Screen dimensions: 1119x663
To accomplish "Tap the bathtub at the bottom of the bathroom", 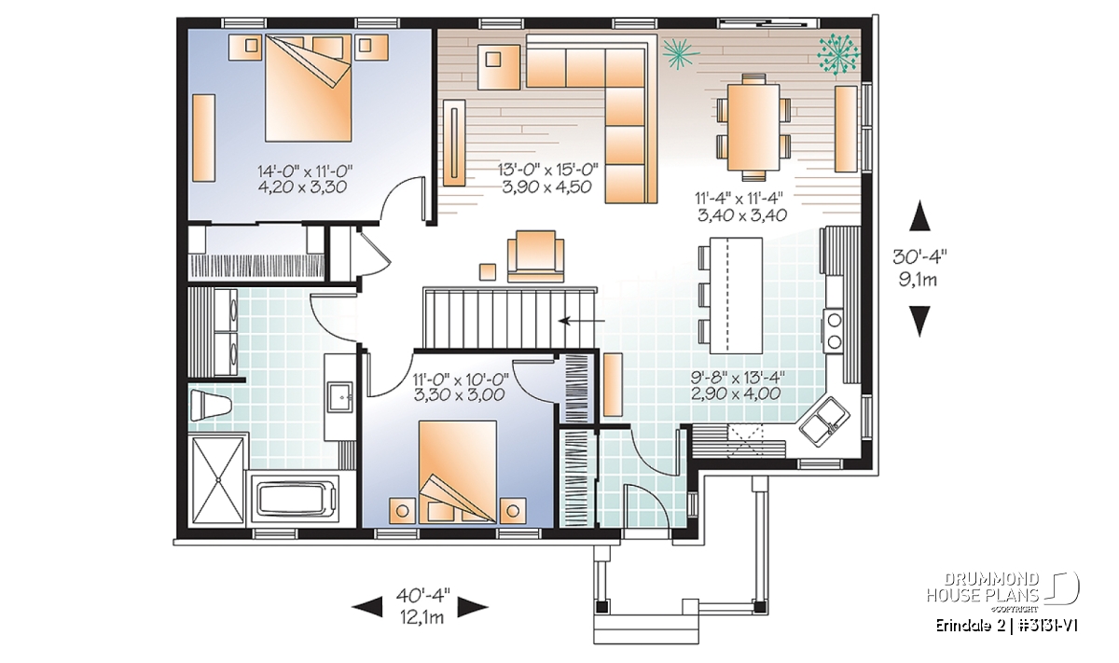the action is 295,499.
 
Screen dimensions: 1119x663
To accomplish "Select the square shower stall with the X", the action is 218,479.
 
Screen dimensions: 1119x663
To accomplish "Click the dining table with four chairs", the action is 753,128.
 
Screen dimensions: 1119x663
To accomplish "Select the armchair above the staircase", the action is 535,256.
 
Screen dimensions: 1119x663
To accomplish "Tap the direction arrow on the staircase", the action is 582,321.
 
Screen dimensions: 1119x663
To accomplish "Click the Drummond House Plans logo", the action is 1003,592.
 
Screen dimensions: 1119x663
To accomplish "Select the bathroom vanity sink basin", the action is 339,397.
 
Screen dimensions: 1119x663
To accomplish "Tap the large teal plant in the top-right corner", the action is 838,54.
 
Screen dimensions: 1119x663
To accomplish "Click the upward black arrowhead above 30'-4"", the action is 919,215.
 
